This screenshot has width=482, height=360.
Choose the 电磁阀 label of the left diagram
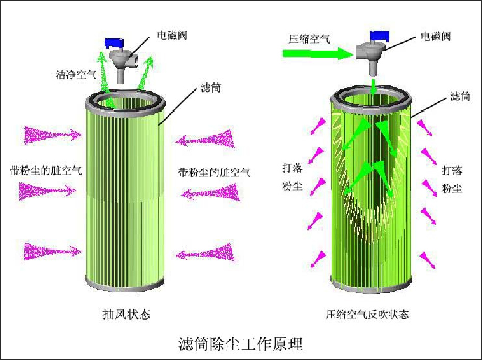point(172,36)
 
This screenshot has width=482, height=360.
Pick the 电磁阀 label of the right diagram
point(436,37)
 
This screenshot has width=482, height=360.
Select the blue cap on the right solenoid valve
point(380,35)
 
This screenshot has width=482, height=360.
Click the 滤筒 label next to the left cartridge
point(211,88)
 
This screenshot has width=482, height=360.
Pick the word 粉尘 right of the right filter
point(452,189)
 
